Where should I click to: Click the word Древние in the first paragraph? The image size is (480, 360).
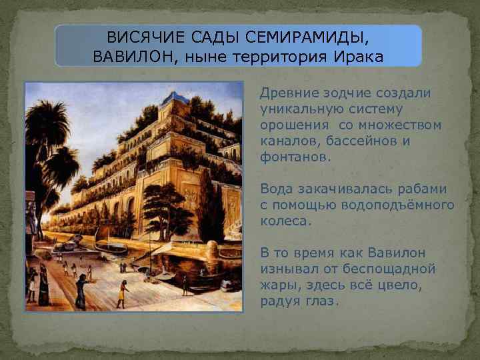tap(285, 93)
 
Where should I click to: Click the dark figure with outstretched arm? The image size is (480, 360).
tap(81, 291)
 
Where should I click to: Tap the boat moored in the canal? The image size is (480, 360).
tap(110, 246)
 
